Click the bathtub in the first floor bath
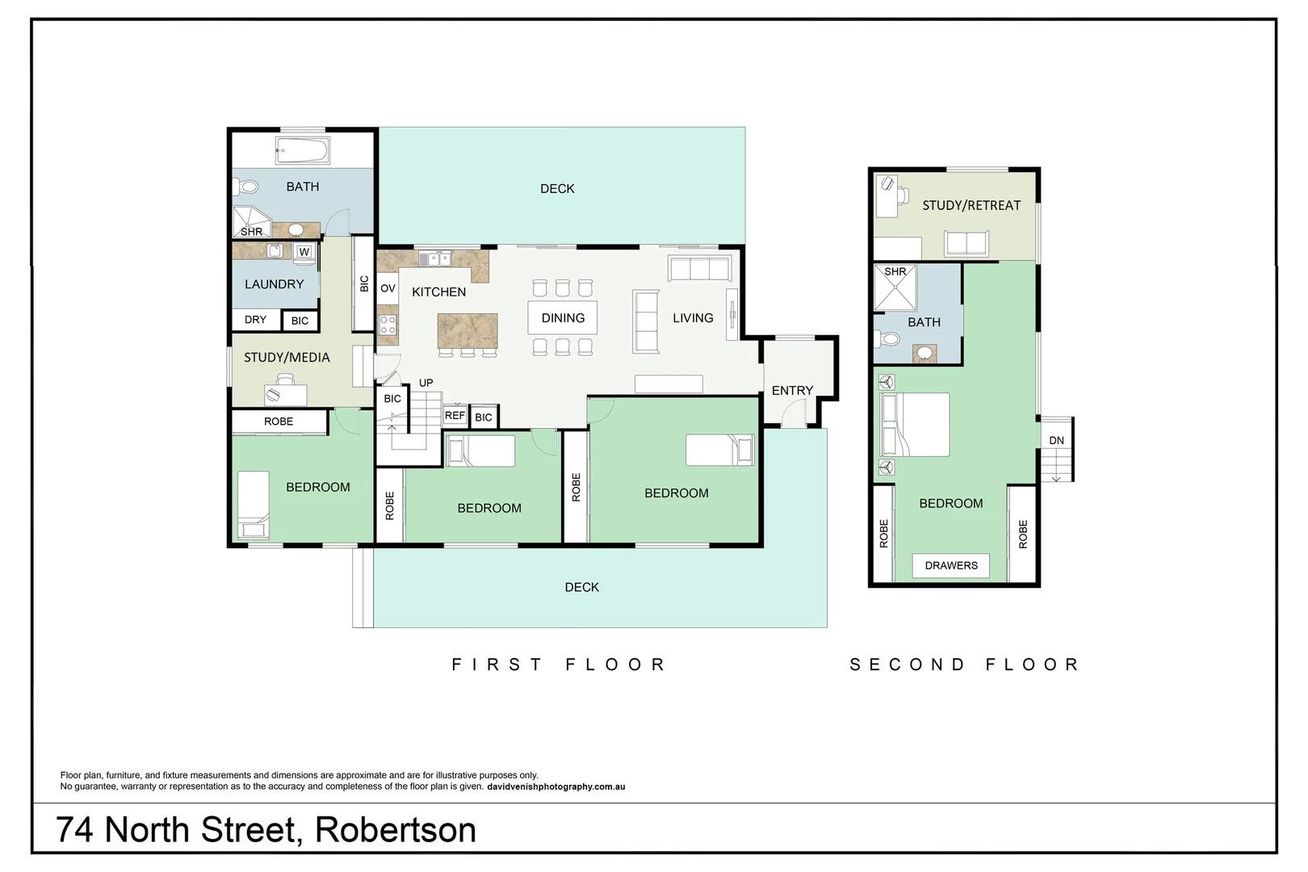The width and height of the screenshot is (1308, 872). [302, 149]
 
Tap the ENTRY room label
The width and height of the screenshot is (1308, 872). [792, 391]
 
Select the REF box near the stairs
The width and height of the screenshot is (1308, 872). [455, 416]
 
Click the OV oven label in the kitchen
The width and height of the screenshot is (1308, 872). [388, 288]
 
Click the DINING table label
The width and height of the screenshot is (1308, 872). [563, 318]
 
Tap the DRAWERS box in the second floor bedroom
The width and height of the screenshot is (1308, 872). [951, 565]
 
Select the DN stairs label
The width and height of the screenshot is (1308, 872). [1056, 440]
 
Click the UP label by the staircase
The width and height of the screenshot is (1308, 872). [426, 383]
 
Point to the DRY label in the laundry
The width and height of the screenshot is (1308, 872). [255, 320]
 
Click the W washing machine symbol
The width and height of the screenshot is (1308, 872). [304, 252]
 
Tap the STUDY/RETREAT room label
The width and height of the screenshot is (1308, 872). [971, 205]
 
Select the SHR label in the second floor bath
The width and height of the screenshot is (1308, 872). [895, 271]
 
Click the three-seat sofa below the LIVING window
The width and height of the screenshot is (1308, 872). [699, 268]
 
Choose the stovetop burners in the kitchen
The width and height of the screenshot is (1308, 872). [388, 325]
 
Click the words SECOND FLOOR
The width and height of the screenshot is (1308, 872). [964, 664]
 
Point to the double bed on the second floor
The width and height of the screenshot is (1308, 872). [916, 425]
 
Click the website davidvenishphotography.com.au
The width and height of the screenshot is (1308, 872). [556, 786]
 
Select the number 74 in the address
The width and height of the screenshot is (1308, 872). [74, 830]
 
